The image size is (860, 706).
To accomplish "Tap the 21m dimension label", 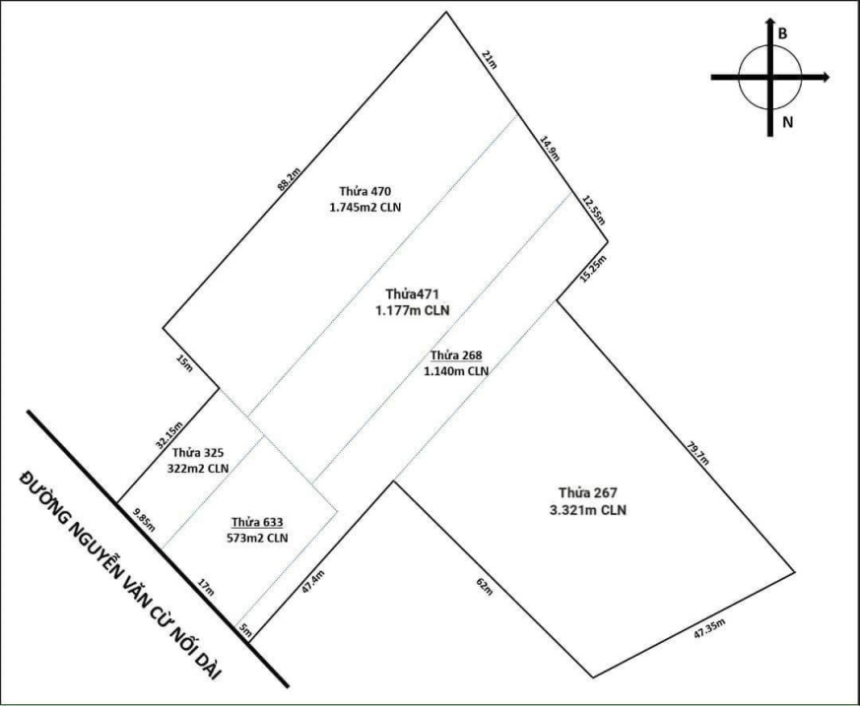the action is [x=489, y=59].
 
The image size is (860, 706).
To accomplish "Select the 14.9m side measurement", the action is [x=549, y=149].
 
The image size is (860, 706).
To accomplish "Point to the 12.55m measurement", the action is [x=593, y=210].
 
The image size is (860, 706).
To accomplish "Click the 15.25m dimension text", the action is [x=593, y=269].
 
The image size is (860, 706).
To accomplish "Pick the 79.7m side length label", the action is [x=698, y=452].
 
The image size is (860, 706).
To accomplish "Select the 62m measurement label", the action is [x=486, y=587].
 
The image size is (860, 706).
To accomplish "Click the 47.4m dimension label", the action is [x=313, y=582].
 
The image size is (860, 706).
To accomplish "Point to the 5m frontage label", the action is [x=245, y=631].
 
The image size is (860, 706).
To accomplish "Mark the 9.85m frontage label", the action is [x=145, y=520].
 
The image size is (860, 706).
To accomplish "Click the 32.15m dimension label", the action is [x=168, y=434].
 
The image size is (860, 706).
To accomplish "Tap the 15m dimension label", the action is [x=184, y=363].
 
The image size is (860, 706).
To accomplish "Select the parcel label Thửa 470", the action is [x=364, y=191].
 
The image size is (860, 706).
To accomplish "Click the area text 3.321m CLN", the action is [x=588, y=510].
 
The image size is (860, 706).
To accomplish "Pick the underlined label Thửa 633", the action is [x=257, y=522].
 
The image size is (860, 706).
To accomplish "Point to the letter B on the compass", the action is [x=782, y=33].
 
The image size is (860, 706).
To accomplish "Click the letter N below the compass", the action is [x=788, y=123].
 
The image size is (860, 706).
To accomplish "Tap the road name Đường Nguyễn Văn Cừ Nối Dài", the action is [x=119, y=573].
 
